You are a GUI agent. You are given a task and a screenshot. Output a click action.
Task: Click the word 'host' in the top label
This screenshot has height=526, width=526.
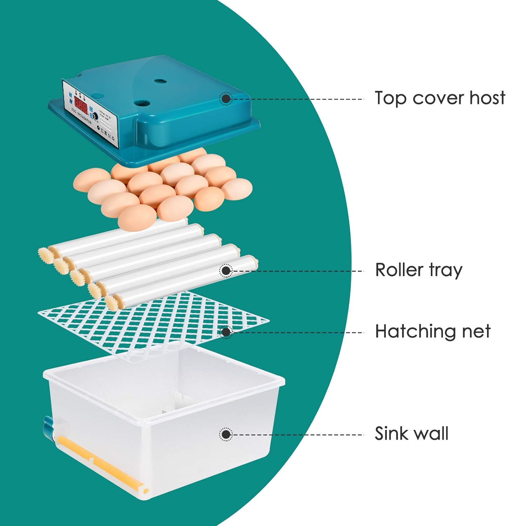click(487, 98)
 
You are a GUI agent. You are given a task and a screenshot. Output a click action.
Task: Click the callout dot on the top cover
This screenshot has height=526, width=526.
click(226, 99)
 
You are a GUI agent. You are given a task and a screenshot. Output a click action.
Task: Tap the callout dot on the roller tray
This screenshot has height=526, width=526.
click(226, 271)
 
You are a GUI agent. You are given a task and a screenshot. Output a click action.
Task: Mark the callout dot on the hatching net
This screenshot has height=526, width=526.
click(226, 332)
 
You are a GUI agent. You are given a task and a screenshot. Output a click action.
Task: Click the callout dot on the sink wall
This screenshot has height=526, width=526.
click(226, 434)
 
